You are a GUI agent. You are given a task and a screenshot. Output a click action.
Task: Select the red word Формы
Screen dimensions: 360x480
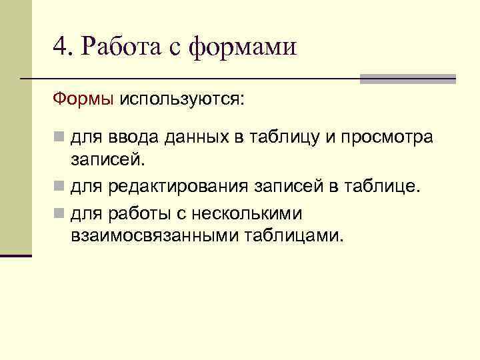[x=83, y=99]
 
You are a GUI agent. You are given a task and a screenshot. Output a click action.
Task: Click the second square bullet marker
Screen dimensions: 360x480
[x=60, y=185]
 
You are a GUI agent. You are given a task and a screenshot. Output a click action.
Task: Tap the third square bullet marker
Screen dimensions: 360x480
[x=60, y=214]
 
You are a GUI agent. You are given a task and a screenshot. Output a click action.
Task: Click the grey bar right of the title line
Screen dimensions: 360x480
[x=407, y=79]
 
